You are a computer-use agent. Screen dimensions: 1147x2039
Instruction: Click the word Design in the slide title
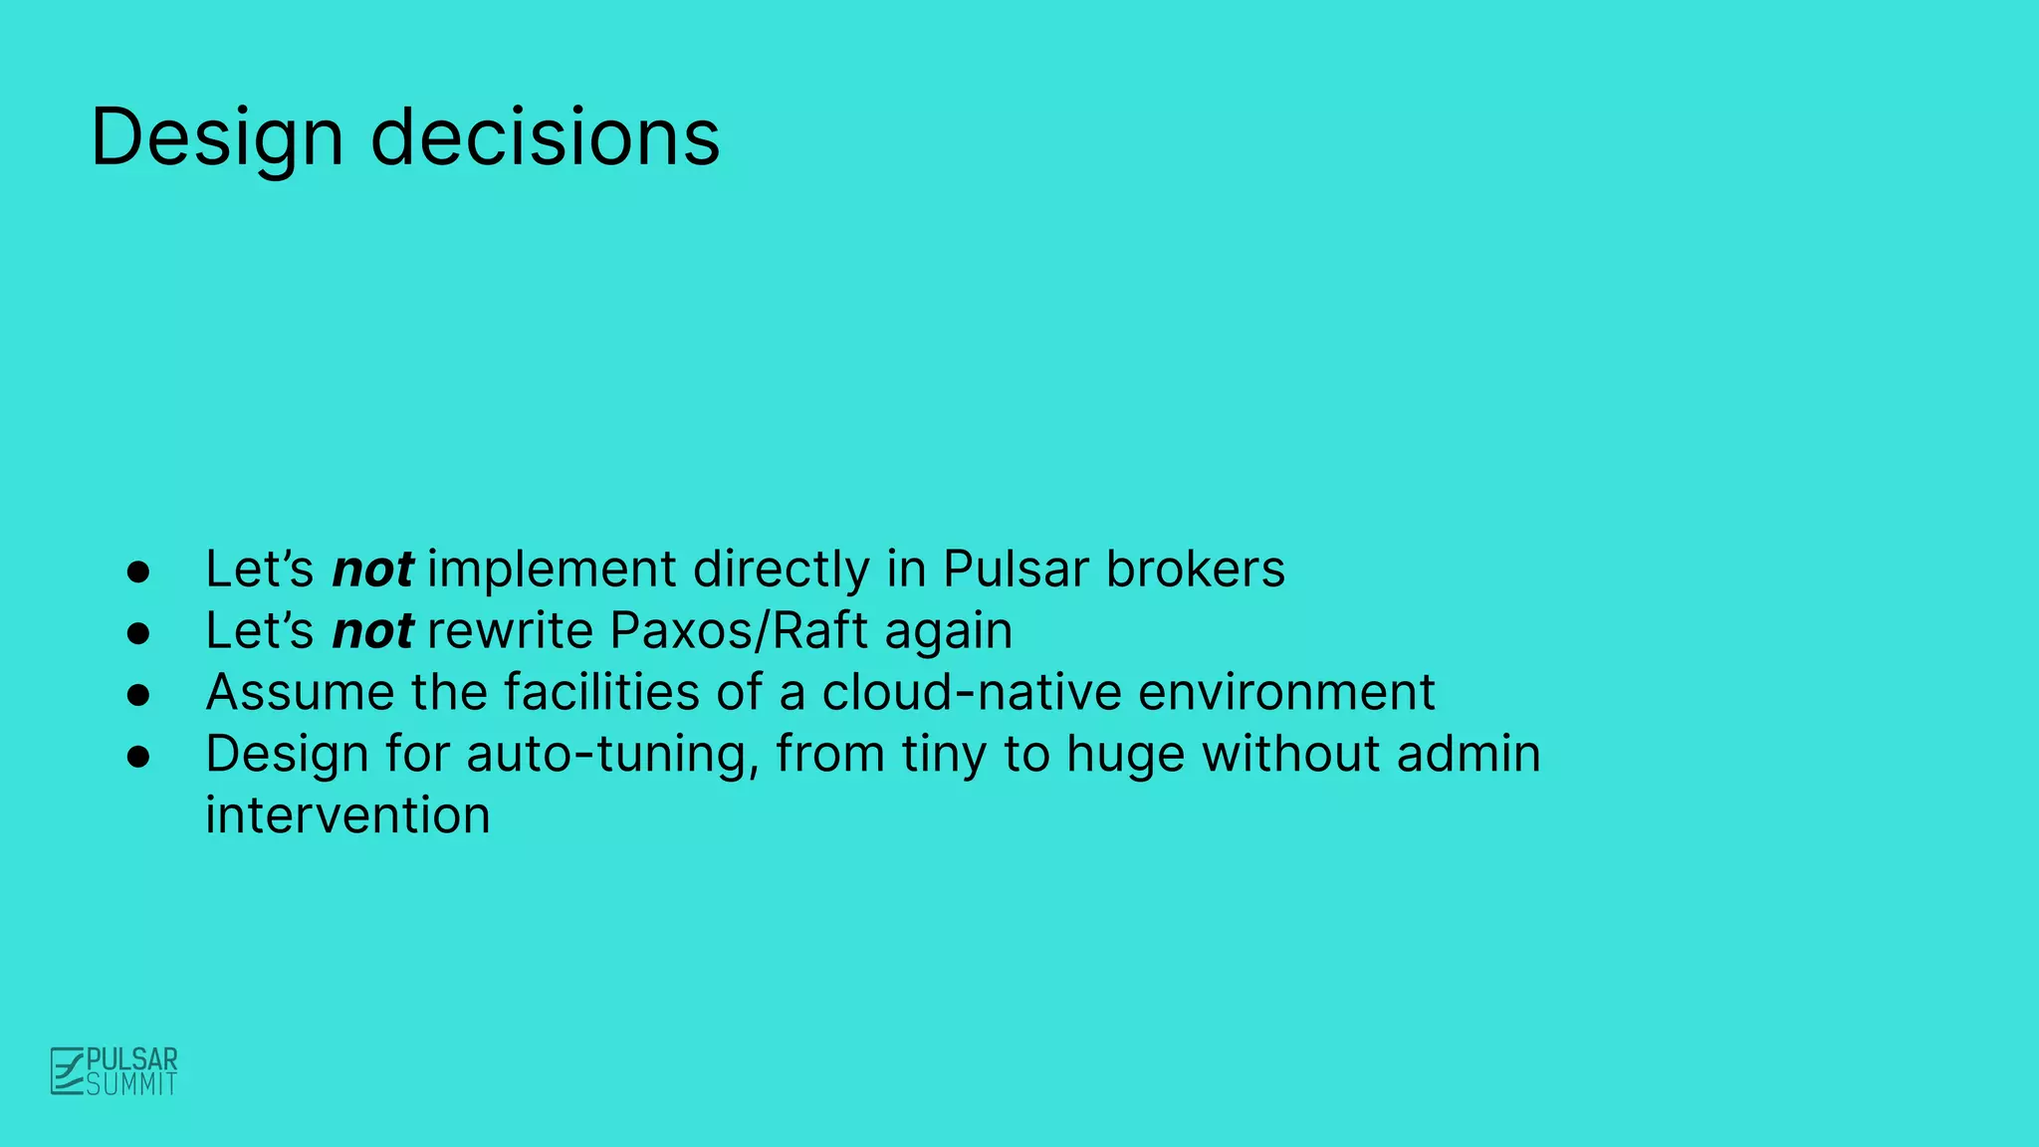click(217, 137)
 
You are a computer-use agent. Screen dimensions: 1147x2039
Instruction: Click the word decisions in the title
click(545, 137)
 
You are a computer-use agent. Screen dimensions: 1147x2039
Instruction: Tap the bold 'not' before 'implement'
click(372, 570)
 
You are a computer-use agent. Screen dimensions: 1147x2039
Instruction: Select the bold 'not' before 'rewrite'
click(372, 631)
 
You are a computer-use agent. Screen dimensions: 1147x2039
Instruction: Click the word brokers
click(1196, 570)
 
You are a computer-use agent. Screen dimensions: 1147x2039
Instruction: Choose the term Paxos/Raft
click(739, 631)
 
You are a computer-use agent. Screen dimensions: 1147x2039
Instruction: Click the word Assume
click(300, 692)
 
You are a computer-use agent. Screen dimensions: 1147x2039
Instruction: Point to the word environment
click(1286, 692)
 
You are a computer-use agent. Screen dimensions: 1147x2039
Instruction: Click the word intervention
click(347, 815)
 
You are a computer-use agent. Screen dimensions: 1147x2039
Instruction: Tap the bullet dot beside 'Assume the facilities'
click(138, 695)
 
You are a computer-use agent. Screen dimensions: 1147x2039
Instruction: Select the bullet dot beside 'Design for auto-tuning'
click(138, 757)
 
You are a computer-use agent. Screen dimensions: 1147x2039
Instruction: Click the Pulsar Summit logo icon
click(68, 1071)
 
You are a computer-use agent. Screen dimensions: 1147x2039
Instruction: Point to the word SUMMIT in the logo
click(131, 1084)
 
